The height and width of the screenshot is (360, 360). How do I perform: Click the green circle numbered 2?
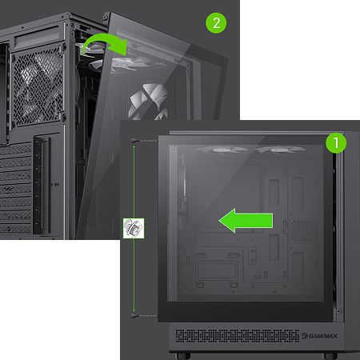tap(216, 23)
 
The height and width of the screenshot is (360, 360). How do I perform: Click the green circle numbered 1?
tap(336, 142)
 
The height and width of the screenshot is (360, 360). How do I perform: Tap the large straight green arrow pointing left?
tap(246, 221)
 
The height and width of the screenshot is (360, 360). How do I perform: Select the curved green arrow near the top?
tap(105, 44)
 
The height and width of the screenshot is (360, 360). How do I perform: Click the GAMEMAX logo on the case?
tap(319, 336)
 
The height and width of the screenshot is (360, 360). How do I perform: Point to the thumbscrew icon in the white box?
tap(134, 228)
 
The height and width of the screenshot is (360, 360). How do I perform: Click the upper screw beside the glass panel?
tap(134, 141)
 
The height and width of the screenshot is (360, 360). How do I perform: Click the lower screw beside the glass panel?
tap(134, 316)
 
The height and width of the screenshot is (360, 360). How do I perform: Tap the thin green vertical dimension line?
tap(134, 228)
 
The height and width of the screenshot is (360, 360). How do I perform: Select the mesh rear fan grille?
tap(38, 86)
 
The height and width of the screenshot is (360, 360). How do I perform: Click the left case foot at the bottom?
tap(182, 356)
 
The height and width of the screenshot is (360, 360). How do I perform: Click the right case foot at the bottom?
tap(330, 356)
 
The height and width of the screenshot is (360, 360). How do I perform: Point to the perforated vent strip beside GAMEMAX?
tap(238, 336)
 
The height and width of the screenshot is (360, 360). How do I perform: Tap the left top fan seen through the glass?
tap(222, 150)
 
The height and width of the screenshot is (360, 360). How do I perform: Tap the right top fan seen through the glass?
tap(279, 150)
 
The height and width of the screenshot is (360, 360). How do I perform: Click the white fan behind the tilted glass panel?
tap(149, 101)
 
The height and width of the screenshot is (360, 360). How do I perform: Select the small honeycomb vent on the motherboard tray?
tap(305, 231)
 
